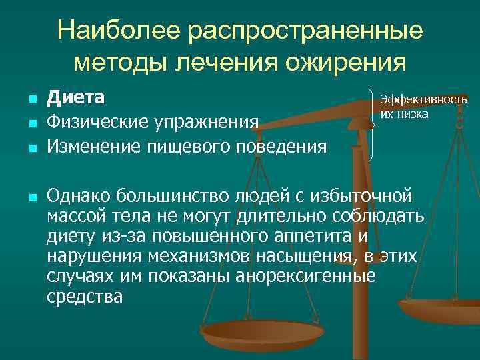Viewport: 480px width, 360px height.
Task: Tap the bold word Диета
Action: coord(75,97)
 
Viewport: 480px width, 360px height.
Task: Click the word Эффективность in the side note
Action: coord(424,99)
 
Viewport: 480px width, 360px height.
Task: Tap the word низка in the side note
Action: coord(413,114)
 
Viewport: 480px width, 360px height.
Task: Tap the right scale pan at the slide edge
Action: coord(443,308)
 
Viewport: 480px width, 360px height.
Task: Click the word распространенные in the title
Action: coord(307,32)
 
